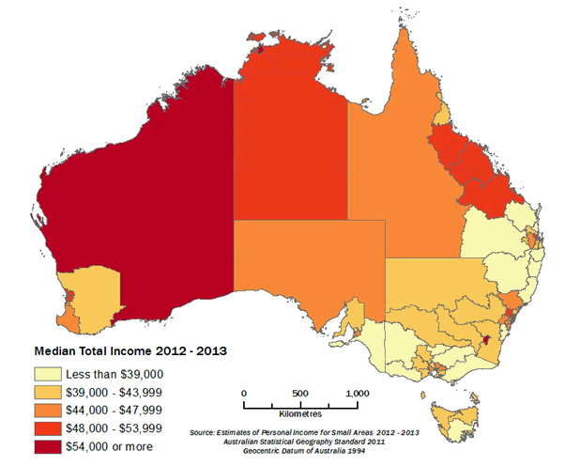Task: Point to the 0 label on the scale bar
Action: (244, 393)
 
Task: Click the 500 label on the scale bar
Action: (299, 393)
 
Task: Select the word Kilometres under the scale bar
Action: (300, 414)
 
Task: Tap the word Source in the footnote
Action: (203, 432)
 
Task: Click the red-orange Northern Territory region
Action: (291, 141)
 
